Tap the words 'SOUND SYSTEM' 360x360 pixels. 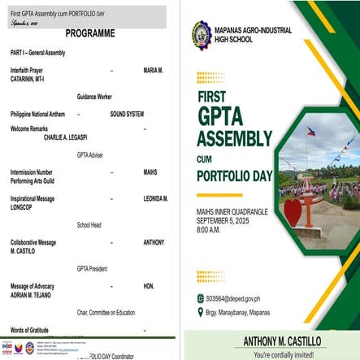[x=127, y=114]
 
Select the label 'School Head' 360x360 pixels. [x=89, y=224]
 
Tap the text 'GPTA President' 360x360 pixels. [x=93, y=267]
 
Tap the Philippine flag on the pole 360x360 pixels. [x=311, y=130]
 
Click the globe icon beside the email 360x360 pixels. [x=201, y=298]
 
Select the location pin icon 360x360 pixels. [x=201, y=311]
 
